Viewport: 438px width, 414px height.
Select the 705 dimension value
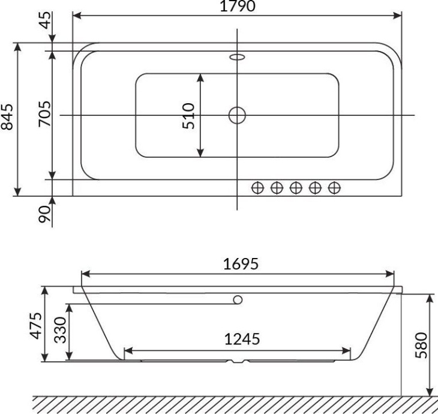[43, 115]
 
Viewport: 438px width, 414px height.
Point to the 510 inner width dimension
[189, 115]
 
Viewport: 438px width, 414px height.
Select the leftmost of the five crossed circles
[257, 188]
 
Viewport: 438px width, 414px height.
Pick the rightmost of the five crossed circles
[335, 188]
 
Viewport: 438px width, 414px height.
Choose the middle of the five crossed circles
[296, 188]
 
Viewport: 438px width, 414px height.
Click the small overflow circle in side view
[238, 299]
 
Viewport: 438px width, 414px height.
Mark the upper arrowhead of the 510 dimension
[200, 77]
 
